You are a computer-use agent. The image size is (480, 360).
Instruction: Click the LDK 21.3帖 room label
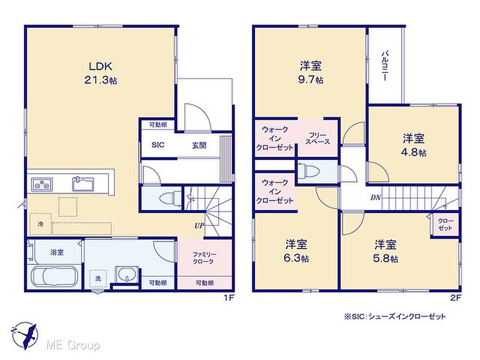[x=101, y=73]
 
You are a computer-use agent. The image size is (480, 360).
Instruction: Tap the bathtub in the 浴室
[x=54, y=277]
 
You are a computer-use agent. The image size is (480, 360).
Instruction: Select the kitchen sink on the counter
[x=83, y=184]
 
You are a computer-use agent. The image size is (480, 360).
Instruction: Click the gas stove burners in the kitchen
[x=42, y=184]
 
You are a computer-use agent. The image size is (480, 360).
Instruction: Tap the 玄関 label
[x=199, y=145]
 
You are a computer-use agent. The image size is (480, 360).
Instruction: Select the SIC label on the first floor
[x=158, y=145]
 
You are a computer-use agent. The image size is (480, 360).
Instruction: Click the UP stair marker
[x=199, y=226]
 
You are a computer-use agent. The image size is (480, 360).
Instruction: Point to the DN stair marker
[x=376, y=198]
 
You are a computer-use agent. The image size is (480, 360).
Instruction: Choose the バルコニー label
[x=385, y=66]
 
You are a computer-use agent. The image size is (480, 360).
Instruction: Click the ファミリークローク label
[x=204, y=258]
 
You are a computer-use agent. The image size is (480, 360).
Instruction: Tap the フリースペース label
[x=317, y=138]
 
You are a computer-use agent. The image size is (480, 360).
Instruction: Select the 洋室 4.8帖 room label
[x=414, y=145]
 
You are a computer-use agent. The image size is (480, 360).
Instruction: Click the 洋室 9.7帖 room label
[x=311, y=72]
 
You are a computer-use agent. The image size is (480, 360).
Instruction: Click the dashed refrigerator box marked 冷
[x=41, y=224]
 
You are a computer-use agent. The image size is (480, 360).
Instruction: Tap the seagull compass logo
[x=25, y=336]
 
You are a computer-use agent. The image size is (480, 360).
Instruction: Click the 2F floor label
[x=456, y=298]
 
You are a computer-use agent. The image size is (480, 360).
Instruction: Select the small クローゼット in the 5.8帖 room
[x=445, y=225]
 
